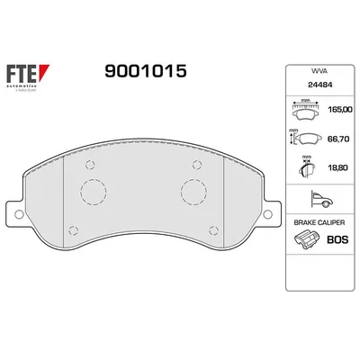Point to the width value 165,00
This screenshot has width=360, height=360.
click(x=340, y=109)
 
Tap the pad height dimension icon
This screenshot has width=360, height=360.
click(x=306, y=139)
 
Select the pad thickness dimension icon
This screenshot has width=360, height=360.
click(x=306, y=168)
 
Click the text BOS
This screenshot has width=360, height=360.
click(x=338, y=241)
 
